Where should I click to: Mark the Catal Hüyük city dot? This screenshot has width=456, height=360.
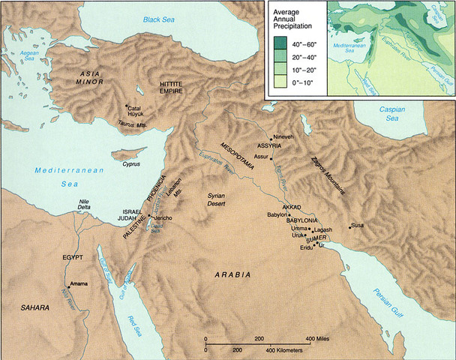click(x=127, y=106)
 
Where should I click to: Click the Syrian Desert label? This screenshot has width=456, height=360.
click(x=221, y=199)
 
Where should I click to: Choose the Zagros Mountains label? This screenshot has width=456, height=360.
click(x=328, y=178)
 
